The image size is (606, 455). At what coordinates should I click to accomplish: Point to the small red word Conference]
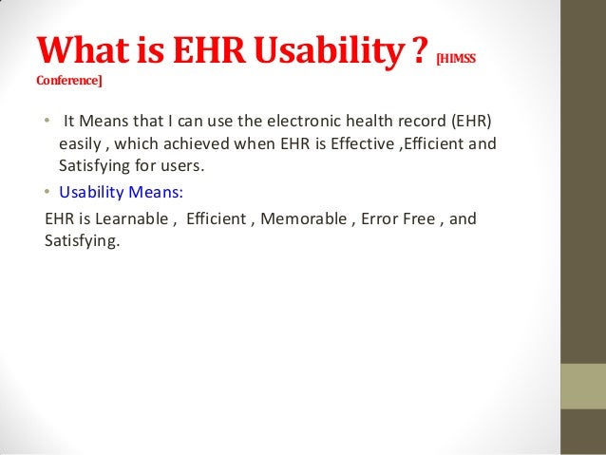point(68,81)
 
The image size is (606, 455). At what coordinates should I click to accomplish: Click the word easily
point(84,145)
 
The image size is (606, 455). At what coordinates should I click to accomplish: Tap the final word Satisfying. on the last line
point(83,241)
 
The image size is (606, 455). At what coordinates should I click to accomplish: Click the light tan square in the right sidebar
point(583,387)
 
